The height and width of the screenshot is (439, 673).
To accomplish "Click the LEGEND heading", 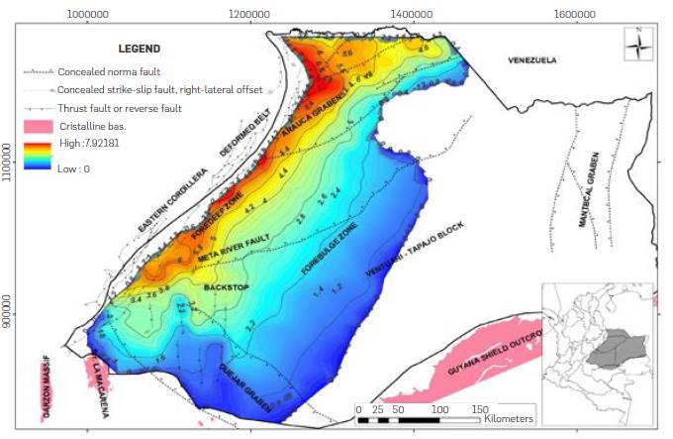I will click(140, 48).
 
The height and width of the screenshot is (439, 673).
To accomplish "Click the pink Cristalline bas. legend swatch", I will click(39, 127).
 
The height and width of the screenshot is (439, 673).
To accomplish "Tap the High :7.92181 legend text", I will click(93, 144).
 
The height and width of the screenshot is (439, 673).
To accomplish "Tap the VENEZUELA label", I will click(532, 59).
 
